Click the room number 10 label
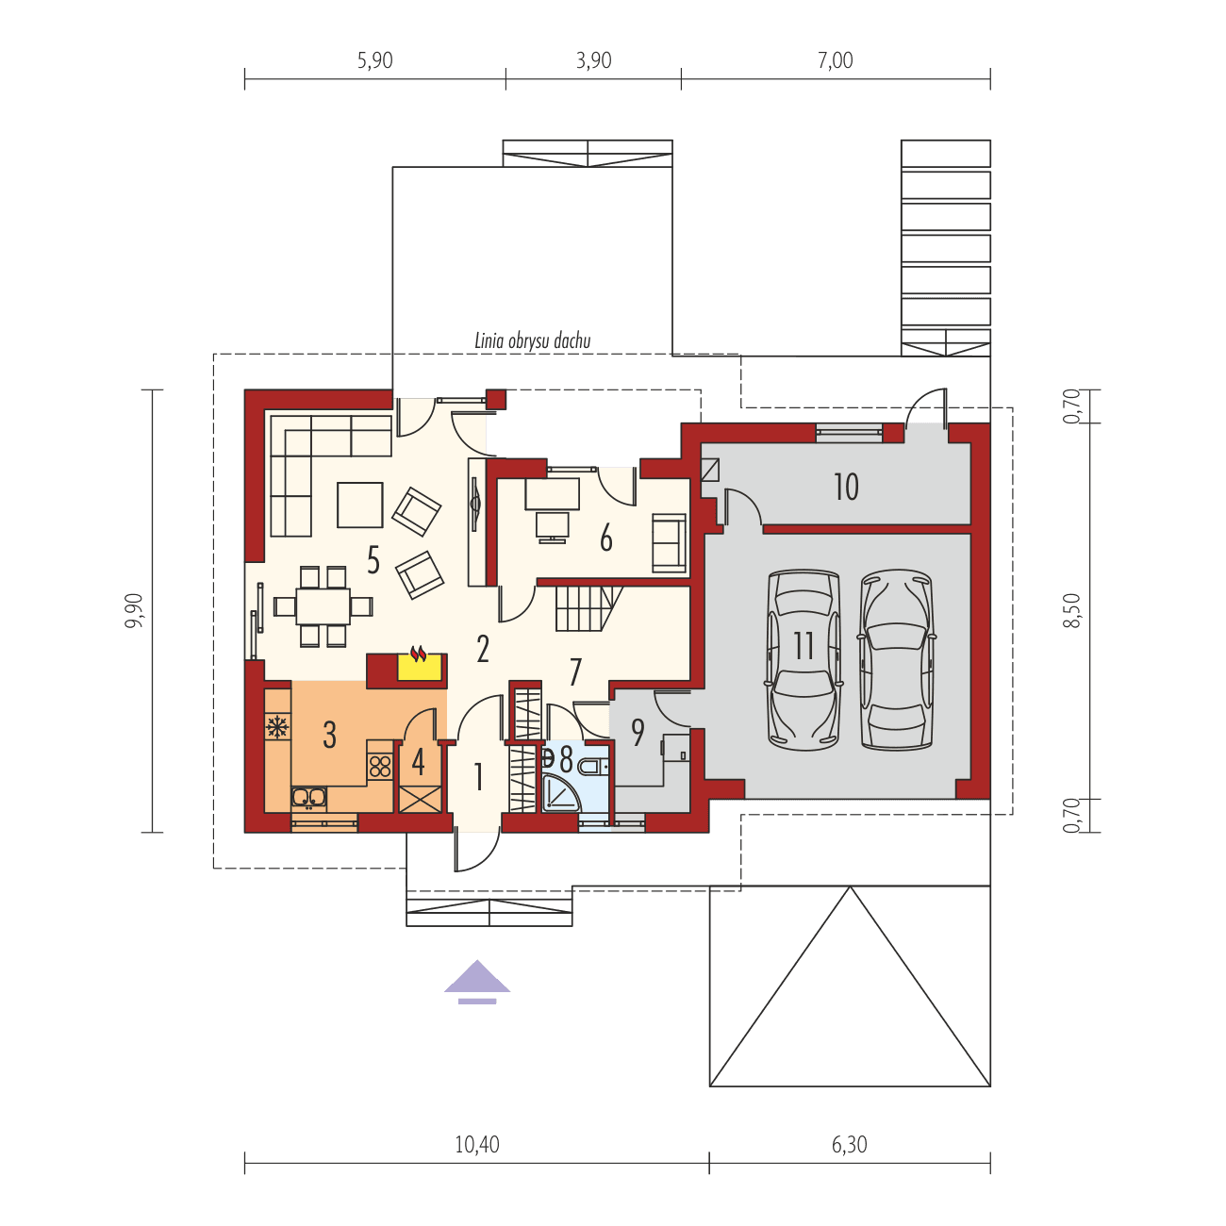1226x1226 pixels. [x=846, y=487]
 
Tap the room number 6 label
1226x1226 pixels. [x=605, y=538]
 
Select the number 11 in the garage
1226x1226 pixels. [x=804, y=647]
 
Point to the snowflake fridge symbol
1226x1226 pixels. [x=277, y=727]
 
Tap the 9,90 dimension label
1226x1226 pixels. [x=138, y=610]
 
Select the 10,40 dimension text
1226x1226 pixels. [x=477, y=1145]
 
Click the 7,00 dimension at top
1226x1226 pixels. [x=836, y=61]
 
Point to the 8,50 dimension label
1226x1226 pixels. [x=1070, y=610]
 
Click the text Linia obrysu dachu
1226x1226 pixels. [x=534, y=341]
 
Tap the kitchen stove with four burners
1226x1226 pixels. [x=380, y=766]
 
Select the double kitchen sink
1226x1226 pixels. [x=308, y=799]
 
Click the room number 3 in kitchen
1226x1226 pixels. [x=329, y=734]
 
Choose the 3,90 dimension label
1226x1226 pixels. [x=593, y=61]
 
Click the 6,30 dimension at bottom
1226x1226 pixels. [x=849, y=1145]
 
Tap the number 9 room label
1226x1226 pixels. [x=638, y=732]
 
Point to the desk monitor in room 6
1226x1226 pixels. [x=552, y=525]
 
